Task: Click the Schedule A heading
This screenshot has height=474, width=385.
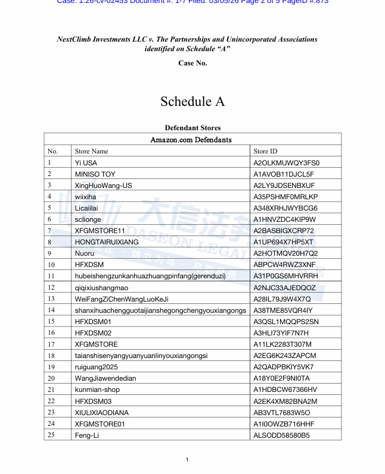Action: (x=192, y=102)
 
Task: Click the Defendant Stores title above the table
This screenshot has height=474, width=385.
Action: (x=192, y=128)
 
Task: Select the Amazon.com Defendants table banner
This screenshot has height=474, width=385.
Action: (x=191, y=140)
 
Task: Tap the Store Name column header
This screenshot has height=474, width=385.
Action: (x=91, y=151)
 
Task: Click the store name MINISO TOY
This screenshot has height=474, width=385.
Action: (x=95, y=174)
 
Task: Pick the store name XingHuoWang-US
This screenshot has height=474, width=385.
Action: (x=103, y=186)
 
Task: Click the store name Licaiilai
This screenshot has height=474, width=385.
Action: (x=88, y=208)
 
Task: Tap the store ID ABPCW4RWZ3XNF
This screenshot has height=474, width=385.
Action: (x=284, y=265)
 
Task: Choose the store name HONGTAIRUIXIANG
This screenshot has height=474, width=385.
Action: (x=107, y=242)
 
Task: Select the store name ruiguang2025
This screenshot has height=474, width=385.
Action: (x=96, y=367)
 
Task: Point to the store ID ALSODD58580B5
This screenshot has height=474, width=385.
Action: (x=281, y=435)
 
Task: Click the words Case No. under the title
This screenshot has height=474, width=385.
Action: (x=192, y=63)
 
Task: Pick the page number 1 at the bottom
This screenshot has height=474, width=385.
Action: (x=187, y=459)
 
